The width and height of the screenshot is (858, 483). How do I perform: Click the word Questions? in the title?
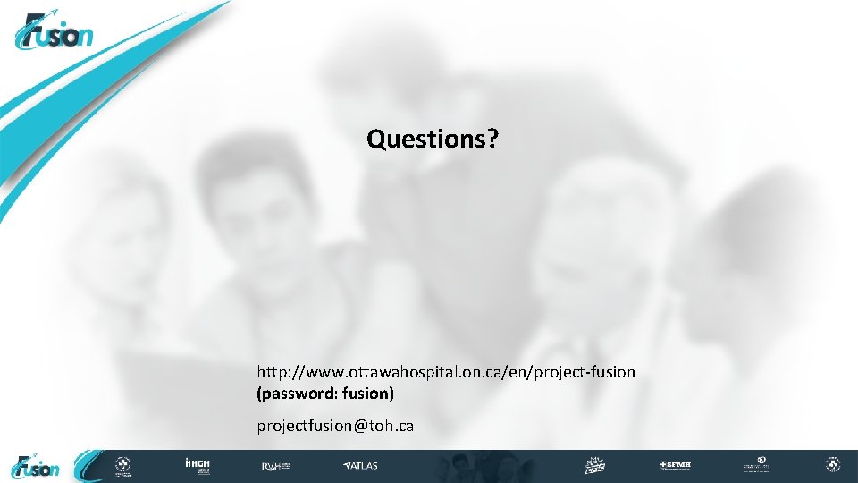pyautogui.click(x=433, y=139)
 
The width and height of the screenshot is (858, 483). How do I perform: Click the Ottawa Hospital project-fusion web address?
pyautogui.click(x=446, y=371)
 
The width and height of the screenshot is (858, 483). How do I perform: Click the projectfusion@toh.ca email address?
pyautogui.click(x=335, y=426)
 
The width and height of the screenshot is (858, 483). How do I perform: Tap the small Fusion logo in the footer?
pyautogui.click(x=36, y=466)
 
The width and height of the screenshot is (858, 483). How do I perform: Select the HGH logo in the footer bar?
pyautogui.click(x=197, y=466)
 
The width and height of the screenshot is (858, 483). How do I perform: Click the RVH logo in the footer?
pyautogui.click(x=273, y=466)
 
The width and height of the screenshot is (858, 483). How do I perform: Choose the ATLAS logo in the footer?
pyautogui.click(x=360, y=466)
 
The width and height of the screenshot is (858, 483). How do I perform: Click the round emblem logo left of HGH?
pyautogui.click(x=122, y=466)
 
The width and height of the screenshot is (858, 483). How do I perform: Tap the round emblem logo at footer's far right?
pyautogui.click(x=832, y=466)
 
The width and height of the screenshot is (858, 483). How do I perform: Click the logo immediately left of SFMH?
pyautogui.click(x=596, y=466)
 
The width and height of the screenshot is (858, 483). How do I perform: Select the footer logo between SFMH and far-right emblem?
pyautogui.click(x=756, y=466)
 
